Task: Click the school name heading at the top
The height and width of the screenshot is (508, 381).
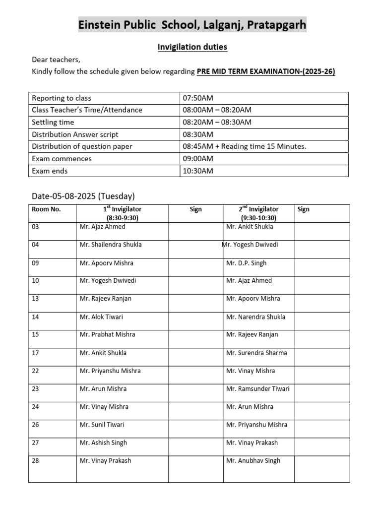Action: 192,25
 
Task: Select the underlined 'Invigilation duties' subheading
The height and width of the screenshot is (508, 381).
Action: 192,47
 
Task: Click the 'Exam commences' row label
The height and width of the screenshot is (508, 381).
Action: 62,159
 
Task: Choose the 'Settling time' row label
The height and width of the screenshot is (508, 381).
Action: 53,122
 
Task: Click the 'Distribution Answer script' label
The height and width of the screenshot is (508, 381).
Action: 75,134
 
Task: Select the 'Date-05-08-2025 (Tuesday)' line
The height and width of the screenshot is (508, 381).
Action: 83,196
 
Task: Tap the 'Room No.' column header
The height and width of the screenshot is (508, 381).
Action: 46,209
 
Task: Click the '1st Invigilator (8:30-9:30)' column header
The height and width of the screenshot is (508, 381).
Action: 122,213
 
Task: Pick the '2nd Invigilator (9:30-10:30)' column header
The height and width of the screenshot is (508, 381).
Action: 258,213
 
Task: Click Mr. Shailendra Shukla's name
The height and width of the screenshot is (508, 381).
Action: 111,245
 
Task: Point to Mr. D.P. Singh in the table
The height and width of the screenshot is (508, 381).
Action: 246,263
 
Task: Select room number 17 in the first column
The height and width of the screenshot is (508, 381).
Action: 35,353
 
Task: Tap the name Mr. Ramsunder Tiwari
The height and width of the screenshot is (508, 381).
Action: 257,389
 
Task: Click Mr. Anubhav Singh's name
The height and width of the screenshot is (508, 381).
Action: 253,461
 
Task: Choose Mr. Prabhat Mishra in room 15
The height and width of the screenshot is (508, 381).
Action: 107,335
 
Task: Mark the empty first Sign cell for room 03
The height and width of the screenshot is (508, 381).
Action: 195,231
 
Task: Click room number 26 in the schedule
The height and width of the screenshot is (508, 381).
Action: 35,425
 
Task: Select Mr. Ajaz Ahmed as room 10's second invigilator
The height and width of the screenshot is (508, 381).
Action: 249,281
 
